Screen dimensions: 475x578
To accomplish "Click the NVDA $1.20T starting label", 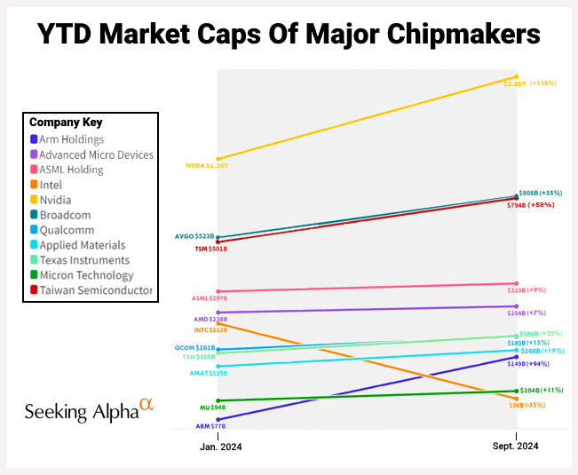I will (207, 166).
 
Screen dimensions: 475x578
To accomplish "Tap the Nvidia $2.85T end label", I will (530, 83).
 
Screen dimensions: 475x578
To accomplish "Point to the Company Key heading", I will (66, 123).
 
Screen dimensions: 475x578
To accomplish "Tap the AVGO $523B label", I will (194, 238).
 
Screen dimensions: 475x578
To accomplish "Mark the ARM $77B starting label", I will (210, 426).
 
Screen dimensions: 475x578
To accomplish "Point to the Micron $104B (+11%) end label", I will (540, 391).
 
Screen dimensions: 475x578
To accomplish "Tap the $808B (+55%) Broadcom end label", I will (540, 193).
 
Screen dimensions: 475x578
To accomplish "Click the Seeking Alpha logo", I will (88, 411).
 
